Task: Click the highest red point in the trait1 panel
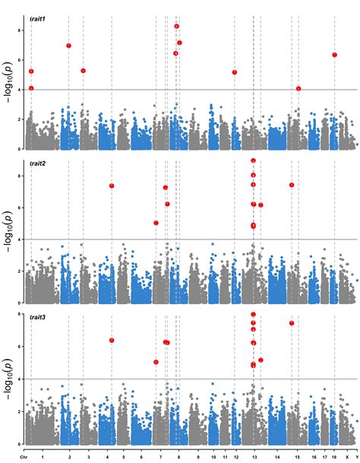(x=177, y=26)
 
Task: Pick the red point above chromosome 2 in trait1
(x=69, y=46)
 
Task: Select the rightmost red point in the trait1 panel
(x=334, y=55)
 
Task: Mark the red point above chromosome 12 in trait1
(x=235, y=72)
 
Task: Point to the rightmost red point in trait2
(x=291, y=185)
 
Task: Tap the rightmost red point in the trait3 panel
(x=291, y=323)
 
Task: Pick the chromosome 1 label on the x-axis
(x=43, y=456)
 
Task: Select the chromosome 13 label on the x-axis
(x=254, y=456)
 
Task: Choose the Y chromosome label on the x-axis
(x=355, y=456)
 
